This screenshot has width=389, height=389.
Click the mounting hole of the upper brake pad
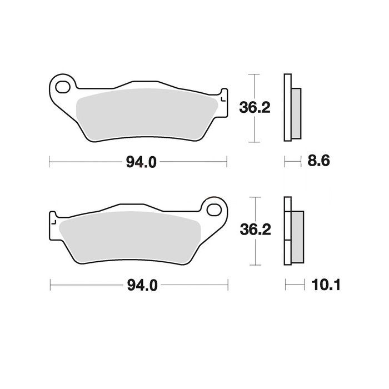[62, 87]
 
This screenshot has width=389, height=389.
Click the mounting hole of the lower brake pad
[214, 210]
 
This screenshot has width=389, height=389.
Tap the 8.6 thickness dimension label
[318, 161]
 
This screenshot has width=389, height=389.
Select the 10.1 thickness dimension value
[326, 285]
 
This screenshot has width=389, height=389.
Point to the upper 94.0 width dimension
[141, 162]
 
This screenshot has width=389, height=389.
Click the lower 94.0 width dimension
[142, 285]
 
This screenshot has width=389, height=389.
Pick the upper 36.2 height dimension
[255, 108]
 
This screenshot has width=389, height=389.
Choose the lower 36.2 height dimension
[255, 230]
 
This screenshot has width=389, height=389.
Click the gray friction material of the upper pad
[146, 113]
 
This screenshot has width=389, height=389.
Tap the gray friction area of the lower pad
[129, 236]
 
